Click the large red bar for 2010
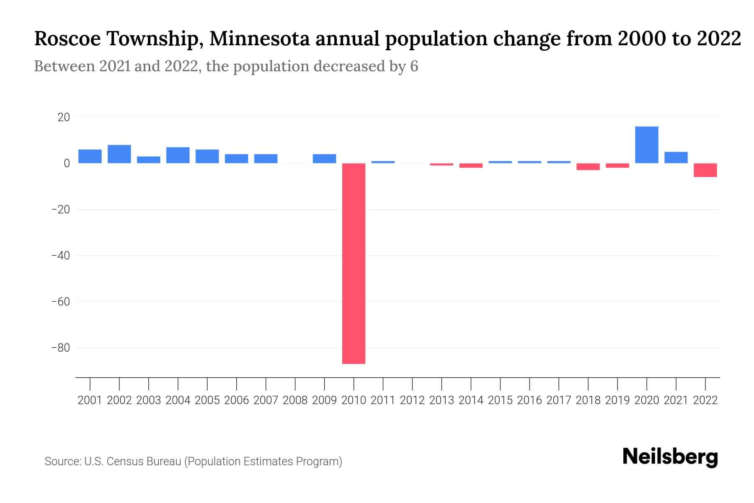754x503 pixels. coord(354,263)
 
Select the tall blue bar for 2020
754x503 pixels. coord(646,145)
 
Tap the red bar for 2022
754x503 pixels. coord(705,170)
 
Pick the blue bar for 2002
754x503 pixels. coord(119,154)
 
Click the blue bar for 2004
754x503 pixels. coord(178,155)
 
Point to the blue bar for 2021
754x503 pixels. coord(676,158)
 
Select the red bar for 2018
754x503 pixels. coord(588,167)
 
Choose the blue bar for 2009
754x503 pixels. coord(324,159)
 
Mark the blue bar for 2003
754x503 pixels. coord(149,160)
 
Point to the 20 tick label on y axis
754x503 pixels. coord(64,117)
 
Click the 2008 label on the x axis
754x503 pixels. coord(295,400)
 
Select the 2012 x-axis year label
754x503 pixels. coord(412,400)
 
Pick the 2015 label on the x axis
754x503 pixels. coord(500,400)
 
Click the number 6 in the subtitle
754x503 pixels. coord(414,66)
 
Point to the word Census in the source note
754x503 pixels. coord(126,462)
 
